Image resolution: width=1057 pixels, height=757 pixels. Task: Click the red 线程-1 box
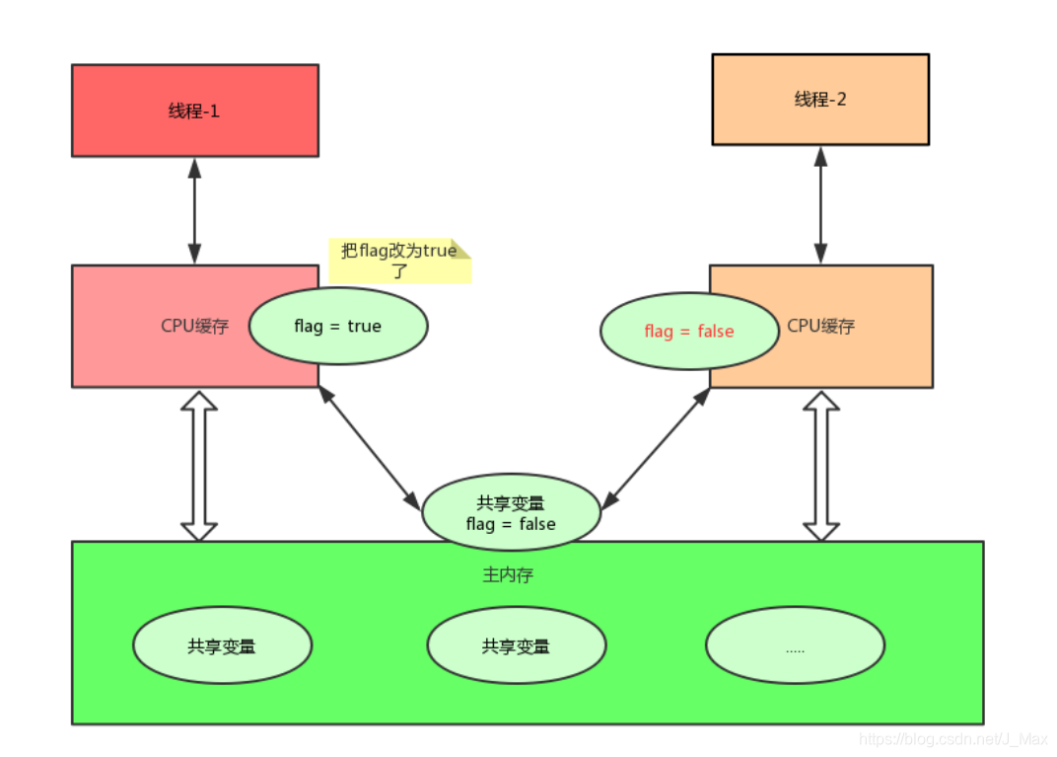coord(194,111)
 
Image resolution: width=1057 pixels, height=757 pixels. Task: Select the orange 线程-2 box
coord(820,100)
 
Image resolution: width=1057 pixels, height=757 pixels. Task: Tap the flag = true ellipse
coord(337,326)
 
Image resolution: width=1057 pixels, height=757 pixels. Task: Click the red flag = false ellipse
coord(688,332)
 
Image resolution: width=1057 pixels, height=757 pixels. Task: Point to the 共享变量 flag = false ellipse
coord(511,513)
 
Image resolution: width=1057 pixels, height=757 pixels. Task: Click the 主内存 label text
coord(508,574)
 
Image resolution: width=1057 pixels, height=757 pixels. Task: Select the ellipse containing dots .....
coord(795,648)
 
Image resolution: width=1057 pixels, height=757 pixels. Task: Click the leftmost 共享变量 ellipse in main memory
coord(222,646)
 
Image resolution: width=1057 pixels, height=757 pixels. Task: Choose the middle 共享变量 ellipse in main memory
coord(516,646)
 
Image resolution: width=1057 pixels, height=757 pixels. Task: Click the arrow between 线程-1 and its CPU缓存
coord(194,210)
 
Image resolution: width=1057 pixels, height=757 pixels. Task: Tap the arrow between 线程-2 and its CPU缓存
coord(819,204)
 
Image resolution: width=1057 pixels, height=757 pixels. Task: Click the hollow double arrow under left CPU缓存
coord(199,465)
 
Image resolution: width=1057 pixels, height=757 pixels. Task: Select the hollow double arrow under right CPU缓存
coord(820,465)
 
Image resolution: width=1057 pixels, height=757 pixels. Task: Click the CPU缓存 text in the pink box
coord(195,326)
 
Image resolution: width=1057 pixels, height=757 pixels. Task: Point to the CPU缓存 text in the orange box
coord(820,326)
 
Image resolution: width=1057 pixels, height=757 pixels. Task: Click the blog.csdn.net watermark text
coord(951,738)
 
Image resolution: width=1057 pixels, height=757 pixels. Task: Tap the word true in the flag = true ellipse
coord(364,326)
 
